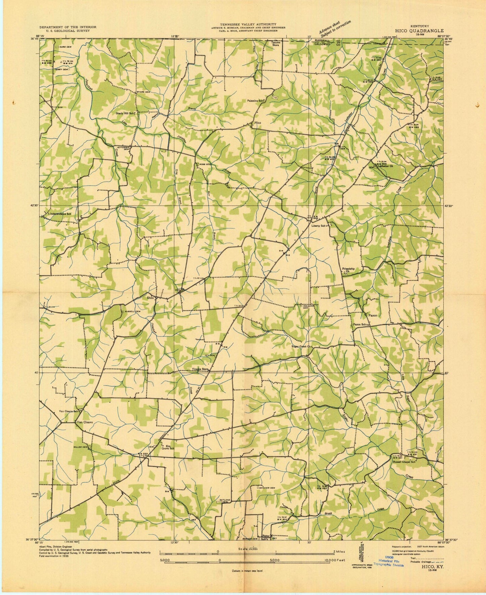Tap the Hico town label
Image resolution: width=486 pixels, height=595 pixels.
[x=258, y=123]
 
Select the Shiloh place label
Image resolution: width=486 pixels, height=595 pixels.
[x=150, y=298]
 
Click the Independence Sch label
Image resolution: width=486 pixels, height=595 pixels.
[x=60, y=214]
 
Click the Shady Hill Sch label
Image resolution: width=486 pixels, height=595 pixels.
[x=125, y=113]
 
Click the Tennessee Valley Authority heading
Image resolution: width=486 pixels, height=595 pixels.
[x=248, y=24]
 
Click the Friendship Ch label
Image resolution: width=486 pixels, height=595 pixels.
[x=348, y=270]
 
